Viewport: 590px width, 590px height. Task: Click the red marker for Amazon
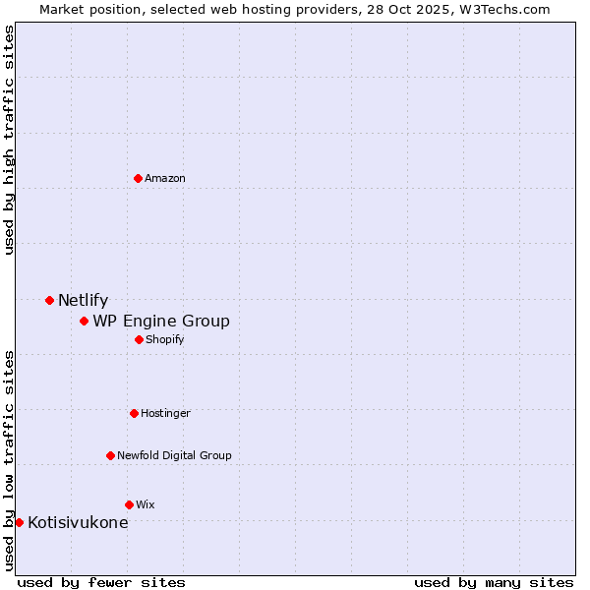[x=138, y=178]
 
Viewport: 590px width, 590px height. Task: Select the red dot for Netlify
[x=49, y=300]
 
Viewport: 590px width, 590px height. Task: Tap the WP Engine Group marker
[x=84, y=321]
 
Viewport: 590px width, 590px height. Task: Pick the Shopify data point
[x=139, y=339]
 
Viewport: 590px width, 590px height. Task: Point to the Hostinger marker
[x=134, y=413]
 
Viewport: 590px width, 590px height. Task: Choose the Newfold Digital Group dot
[x=110, y=455]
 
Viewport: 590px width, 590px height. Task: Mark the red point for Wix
[x=129, y=504]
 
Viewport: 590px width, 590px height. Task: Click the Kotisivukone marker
[x=19, y=522]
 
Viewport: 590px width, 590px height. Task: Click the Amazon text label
[x=165, y=178]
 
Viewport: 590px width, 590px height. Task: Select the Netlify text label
[x=83, y=301]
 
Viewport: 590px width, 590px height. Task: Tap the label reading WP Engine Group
[x=161, y=322]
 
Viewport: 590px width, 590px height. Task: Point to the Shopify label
[x=164, y=339]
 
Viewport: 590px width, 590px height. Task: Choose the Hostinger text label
[x=165, y=413]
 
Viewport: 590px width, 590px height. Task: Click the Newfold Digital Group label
[x=174, y=455]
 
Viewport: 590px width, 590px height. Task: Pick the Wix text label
[x=146, y=504]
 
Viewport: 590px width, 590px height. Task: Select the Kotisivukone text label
[x=78, y=523]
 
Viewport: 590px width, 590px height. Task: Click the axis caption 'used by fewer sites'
[x=101, y=582]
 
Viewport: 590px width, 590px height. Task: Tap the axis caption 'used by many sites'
[x=494, y=582]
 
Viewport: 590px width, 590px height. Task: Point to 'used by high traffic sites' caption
[x=9, y=140]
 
